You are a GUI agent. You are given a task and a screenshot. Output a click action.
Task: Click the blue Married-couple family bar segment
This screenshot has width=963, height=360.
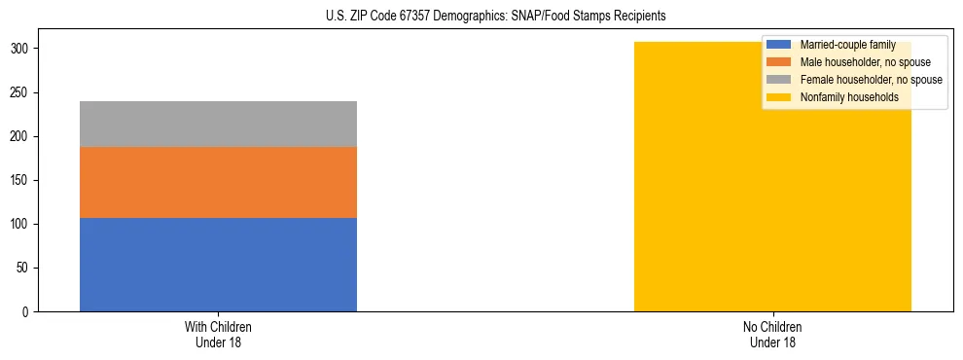pos(218,265)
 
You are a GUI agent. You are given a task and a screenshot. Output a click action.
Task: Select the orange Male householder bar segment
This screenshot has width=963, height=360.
pos(218,182)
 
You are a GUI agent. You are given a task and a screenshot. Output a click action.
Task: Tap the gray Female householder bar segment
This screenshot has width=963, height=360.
pos(218,124)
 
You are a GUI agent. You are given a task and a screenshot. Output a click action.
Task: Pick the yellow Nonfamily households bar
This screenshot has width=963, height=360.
pos(772,195)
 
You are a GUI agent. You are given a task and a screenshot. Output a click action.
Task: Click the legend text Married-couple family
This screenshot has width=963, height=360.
pos(848,45)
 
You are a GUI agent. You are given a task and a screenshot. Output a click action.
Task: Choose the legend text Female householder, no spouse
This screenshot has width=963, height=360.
pos(871,80)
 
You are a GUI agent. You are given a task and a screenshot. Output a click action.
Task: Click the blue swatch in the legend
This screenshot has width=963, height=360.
pos(779,45)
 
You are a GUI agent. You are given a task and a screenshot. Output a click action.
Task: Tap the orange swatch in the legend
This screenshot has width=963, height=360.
pos(779,62)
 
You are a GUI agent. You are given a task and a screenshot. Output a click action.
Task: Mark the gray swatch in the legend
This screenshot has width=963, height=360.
pos(779,80)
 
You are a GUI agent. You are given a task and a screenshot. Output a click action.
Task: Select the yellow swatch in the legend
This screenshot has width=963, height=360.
pos(779,97)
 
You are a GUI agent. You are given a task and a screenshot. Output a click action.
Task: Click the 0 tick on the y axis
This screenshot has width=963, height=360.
pos(27,311)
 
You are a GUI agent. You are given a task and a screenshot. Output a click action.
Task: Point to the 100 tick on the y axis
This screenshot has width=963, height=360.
pos(21,224)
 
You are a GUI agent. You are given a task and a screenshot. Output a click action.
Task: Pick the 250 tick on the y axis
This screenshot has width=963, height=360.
pos(21,92)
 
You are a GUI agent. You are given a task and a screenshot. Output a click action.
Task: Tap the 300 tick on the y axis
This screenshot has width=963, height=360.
pos(21,49)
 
